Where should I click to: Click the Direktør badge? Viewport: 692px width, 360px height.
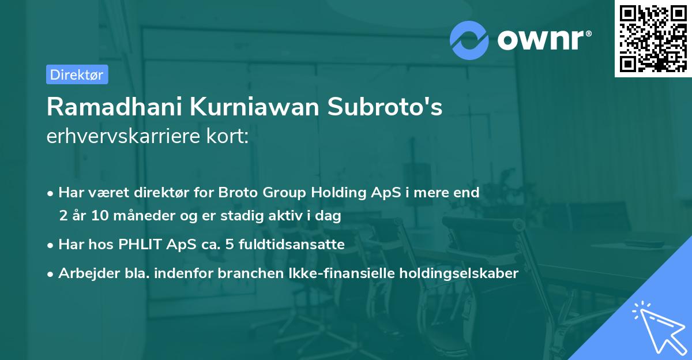[x=77, y=74]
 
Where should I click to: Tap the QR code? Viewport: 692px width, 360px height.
[x=652, y=38]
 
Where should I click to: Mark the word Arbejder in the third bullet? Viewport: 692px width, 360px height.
[x=83, y=273]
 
